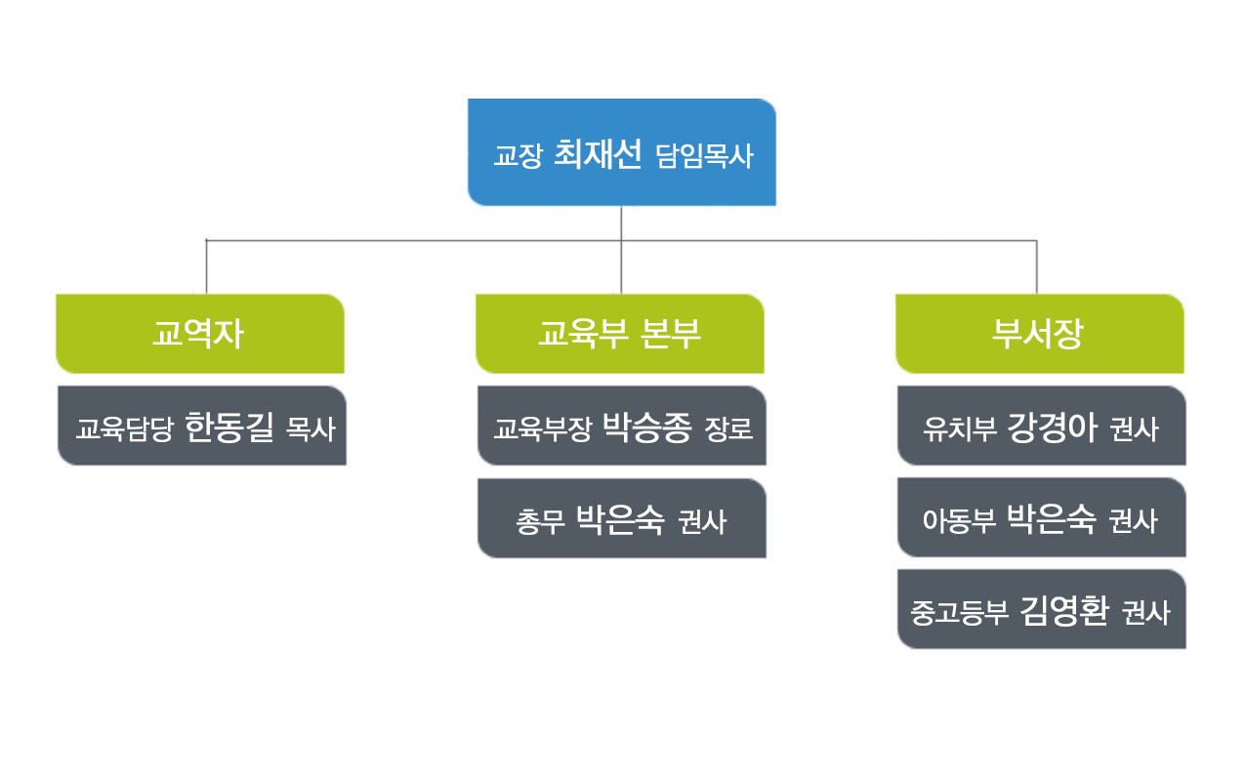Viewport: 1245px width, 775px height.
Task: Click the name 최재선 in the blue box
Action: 598,154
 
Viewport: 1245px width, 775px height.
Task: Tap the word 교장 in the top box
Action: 518,155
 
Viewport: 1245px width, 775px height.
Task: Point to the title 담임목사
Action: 704,155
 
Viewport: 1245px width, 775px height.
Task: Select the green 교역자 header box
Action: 200,334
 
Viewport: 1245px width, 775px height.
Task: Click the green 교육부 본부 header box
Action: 620,334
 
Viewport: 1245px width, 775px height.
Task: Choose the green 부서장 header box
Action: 1039,334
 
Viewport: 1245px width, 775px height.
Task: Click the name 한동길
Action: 229,428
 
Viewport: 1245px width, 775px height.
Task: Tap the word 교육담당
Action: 125,428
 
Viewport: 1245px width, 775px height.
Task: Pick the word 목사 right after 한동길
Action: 311,428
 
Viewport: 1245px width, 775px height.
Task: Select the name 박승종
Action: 647,428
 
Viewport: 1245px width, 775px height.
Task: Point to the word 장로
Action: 728,428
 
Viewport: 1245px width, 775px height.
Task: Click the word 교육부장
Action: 543,428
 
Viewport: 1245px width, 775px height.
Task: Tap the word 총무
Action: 540,521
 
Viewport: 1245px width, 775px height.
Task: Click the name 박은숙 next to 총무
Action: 620,520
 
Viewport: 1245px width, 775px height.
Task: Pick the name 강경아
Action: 1052,428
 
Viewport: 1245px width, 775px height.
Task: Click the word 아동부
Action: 959,521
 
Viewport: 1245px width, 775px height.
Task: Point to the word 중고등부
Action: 959,613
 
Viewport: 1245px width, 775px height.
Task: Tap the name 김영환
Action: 1064,611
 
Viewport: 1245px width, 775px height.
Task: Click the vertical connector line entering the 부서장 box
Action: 1037,267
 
